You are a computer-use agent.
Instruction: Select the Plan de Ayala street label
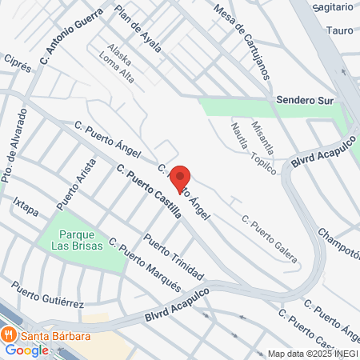tap(138, 29)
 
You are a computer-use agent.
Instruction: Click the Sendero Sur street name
tap(303, 101)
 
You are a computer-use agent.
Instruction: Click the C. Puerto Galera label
tap(270, 240)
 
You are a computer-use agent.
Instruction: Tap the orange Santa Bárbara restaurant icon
tap(10, 334)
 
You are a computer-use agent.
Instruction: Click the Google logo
tap(27, 350)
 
